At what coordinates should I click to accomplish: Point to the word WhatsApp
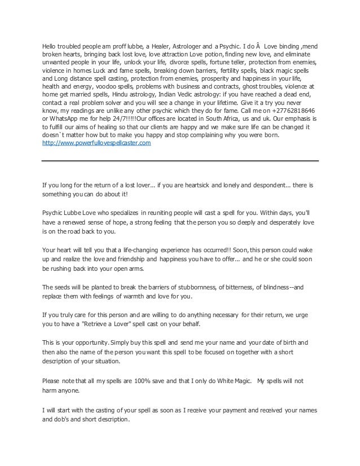(x=65, y=121)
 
